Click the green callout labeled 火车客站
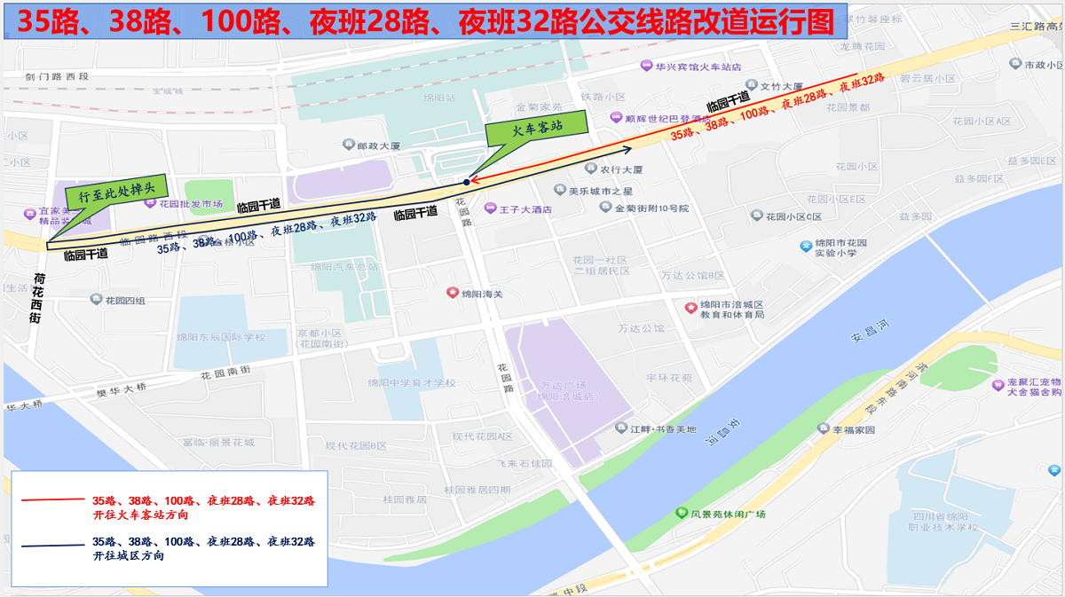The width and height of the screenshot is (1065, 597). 538,128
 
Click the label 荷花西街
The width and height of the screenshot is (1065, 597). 38,298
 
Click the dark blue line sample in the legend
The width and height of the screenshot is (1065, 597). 51,546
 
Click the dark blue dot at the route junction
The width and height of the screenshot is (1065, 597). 466,182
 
